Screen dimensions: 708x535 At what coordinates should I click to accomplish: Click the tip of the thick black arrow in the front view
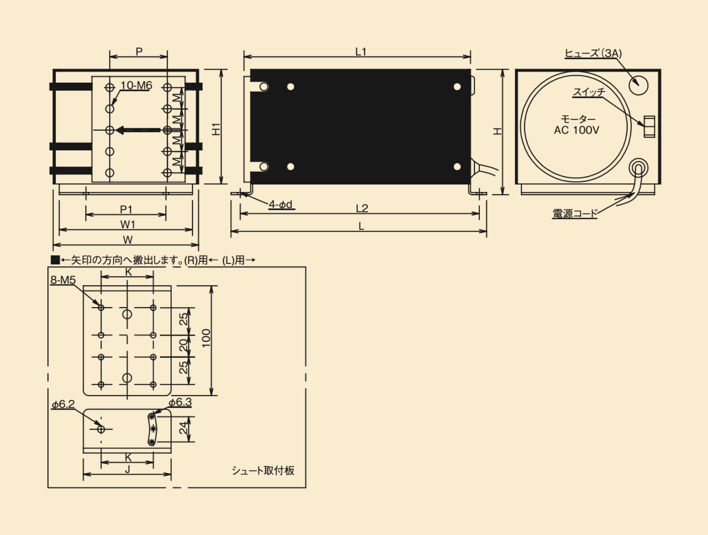click(115, 130)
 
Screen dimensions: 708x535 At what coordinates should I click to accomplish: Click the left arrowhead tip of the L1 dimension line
click(244, 57)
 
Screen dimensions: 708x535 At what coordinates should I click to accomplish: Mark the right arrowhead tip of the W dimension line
click(198, 245)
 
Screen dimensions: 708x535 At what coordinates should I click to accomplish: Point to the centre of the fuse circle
click(639, 86)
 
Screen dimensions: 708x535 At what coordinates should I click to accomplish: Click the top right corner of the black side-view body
click(471, 69)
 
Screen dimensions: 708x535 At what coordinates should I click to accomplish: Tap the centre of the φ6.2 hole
click(101, 429)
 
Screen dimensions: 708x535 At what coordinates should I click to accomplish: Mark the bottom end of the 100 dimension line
click(212, 395)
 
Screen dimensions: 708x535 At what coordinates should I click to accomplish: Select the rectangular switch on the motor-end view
click(649, 127)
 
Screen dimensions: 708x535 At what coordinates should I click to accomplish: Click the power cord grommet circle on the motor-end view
click(639, 168)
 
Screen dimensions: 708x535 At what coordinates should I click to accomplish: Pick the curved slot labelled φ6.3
click(152, 429)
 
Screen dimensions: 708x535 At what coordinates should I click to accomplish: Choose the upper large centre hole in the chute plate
click(127, 314)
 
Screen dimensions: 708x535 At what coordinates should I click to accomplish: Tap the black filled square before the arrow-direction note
click(55, 260)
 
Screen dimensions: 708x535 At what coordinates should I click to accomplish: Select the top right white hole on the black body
click(457, 87)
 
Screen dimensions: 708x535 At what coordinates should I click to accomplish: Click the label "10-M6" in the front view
click(136, 86)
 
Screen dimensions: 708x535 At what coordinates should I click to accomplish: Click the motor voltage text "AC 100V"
click(576, 130)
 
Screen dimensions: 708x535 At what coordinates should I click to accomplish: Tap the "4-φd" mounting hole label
click(281, 205)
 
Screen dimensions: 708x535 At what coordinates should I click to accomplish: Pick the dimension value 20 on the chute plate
click(183, 345)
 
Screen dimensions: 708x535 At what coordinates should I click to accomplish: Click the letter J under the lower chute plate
click(128, 470)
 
